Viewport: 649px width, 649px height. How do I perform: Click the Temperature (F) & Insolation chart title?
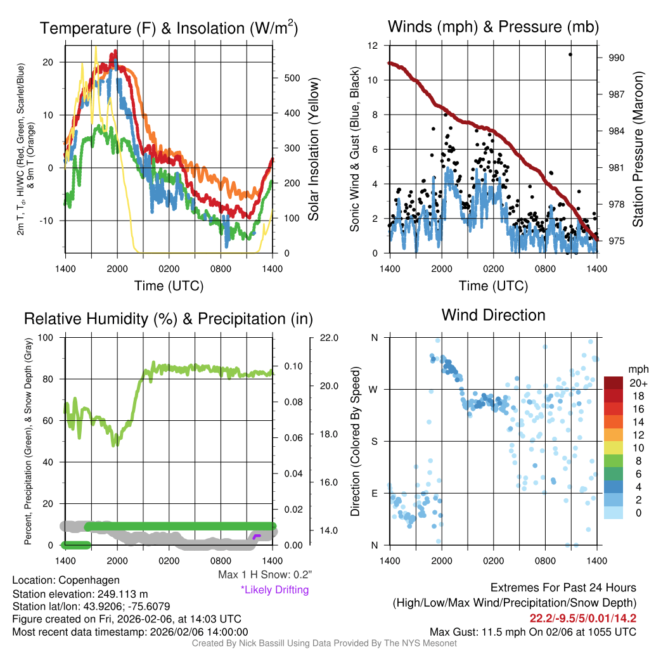(169, 29)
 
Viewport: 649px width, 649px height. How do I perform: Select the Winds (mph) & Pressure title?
(493, 27)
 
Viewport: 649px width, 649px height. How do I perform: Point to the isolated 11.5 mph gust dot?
(570, 55)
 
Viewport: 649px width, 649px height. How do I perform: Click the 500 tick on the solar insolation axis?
(292, 79)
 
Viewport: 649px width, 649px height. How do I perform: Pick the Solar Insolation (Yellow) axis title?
(314, 150)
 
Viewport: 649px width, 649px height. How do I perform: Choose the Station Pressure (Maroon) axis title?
(638, 149)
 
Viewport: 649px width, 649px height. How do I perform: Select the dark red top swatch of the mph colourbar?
(614, 383)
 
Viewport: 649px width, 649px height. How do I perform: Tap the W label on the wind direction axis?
(375, 389)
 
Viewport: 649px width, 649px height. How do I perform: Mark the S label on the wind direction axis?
(375, 441)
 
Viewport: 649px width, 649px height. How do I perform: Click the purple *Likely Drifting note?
(274, 589)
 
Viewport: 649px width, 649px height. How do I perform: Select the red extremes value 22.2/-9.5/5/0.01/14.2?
(582, 618)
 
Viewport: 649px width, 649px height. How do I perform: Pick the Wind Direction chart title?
(493, 315)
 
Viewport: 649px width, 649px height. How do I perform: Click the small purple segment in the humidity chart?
(256, 536)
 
